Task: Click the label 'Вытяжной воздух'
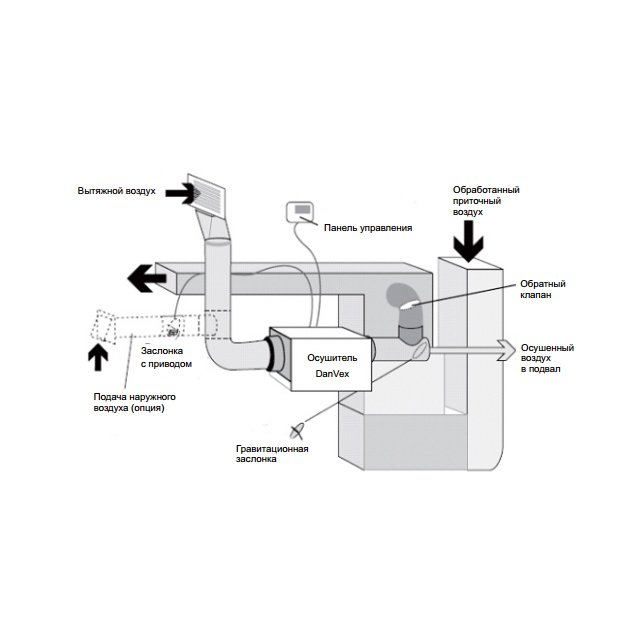click(116, 190)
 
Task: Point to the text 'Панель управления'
click(367, 228)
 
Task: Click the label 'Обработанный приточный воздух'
click(486, 201)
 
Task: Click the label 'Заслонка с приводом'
click(165, 357)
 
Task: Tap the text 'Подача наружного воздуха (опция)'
click(122, 403)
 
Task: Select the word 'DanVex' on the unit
click(322, 373)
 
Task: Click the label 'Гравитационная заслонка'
click(267, 455)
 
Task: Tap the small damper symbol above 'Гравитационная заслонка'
click(297, 430)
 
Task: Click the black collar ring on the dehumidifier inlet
click(271, 354)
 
